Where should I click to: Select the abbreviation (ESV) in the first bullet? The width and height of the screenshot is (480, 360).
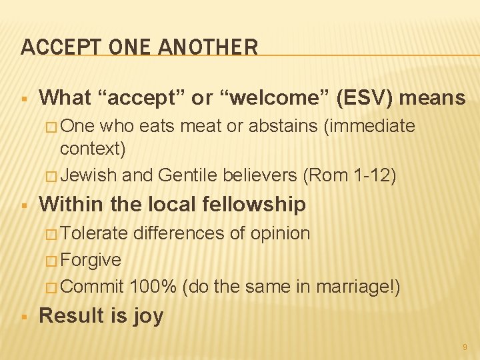pyautogui.click(x=367, y=98)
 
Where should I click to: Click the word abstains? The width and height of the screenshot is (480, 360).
pyautogui.click(x=284, y=126)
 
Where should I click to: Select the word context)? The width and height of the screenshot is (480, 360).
pyautogui.click(x=93, y=148)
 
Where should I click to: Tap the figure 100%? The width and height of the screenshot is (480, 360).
pyautogui.click(x=153, y=287)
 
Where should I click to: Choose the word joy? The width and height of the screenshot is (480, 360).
pyautogui.click(x=148, y=315)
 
